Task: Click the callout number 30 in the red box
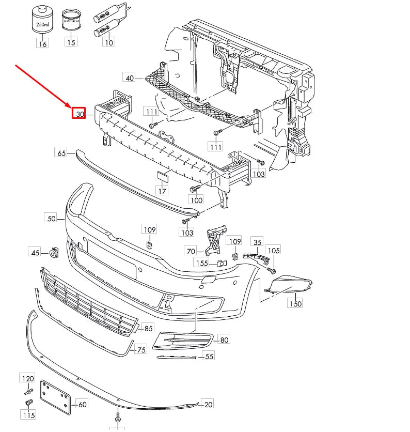(78, 114)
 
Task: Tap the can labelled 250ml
(40, 21)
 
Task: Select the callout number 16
(42, 44)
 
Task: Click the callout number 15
(71, 42)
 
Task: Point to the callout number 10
(109, 42)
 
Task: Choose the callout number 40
(129, 78)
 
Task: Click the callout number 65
(61, 152)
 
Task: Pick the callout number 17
(162, 191)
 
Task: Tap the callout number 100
(196, 199)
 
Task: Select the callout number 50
(52, 219)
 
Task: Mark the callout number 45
(35, 253)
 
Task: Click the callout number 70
(191, 251)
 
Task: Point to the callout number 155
(201, 263)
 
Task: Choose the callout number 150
(295, 304)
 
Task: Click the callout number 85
(148, 328)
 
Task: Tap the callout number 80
(224, 340)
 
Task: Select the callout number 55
(209, 356)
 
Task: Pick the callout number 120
(27, 379)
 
